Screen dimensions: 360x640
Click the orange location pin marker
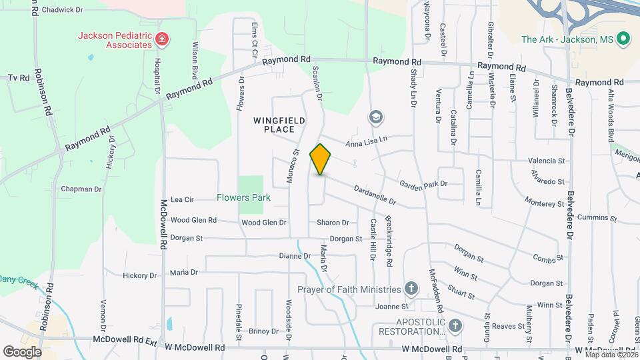pos(321,159)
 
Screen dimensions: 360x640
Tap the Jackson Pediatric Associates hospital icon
pos(161,40)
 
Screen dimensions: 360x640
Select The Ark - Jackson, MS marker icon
pos(624,39)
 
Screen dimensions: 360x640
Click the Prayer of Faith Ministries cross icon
pos(411,289)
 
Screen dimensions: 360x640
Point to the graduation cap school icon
pos(376,118)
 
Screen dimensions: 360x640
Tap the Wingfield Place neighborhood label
pos(279,124)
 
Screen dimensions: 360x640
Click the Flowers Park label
pos(243,197)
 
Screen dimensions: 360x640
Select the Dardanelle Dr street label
pos(375,195)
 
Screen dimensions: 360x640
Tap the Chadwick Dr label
pos(62,10)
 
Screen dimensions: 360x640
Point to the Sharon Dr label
pos(333,223)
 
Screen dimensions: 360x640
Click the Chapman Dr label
pos(81,189)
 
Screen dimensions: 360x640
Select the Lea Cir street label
pos(182,199)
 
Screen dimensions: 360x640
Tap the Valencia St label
pos(546,161)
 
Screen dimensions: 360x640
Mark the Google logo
pos(22,351)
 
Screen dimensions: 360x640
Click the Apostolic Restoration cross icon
pos(455,325)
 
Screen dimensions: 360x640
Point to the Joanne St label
pos(391,307)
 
